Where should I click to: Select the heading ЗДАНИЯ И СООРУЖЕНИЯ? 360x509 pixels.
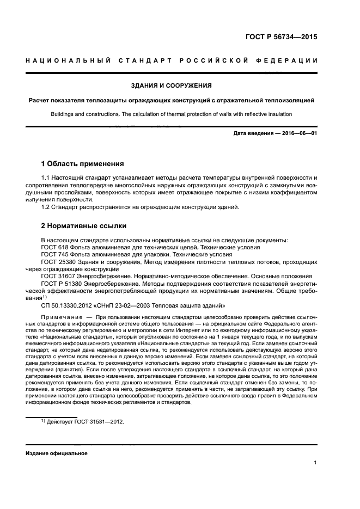(172, 85)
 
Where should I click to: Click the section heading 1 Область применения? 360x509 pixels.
(83, 163)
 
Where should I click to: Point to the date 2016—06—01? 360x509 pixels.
(298, 133)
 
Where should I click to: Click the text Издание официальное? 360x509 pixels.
(53, 453)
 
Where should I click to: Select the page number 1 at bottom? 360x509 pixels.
(315, 463)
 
